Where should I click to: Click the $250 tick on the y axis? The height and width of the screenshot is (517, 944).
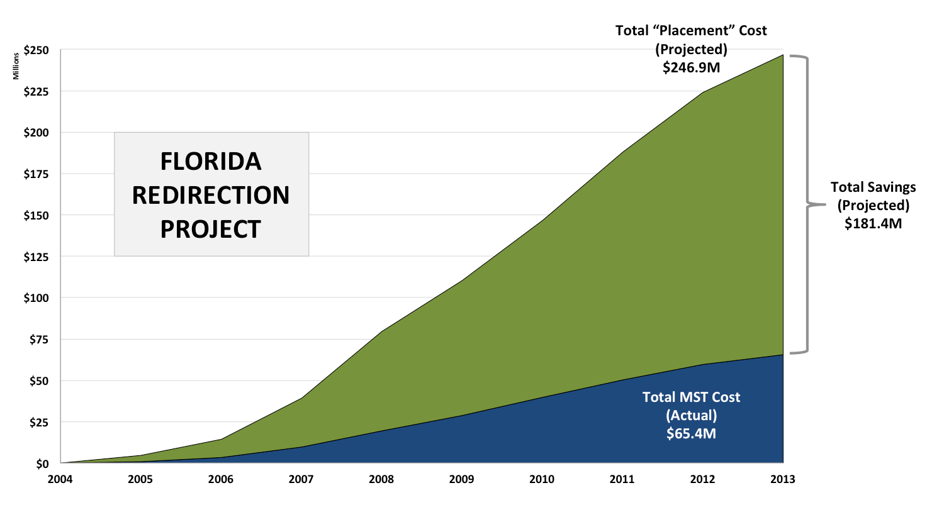pos(37,50)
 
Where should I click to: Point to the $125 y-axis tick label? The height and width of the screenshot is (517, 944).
pos(37,257)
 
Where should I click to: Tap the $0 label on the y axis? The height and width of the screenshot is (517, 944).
pos(42,464)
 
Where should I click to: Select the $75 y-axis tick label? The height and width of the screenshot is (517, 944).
pos(39,340)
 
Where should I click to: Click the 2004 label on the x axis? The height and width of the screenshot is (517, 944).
pos(60,479)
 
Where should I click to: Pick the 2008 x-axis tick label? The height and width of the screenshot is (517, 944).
pos(381,479)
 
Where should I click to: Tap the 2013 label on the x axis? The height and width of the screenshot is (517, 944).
pos(783,479)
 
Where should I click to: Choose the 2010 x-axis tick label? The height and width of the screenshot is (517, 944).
pos(542,479)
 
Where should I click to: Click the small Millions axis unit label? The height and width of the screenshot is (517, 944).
pos(16,66)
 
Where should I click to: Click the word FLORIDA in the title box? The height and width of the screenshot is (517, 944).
pos(211,162)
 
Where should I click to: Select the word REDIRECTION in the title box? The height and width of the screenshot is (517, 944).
pos(211,196)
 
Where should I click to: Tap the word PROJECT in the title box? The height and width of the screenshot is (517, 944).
pos(211,230)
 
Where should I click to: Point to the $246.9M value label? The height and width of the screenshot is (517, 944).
pos(691,67)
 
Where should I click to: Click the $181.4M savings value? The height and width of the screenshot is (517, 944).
pos(873,223)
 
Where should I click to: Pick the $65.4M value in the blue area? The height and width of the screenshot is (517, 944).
pos(691,433)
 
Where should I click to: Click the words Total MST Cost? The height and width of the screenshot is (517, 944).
pos(691,397)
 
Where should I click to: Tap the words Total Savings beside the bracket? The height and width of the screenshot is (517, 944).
pos(873,187)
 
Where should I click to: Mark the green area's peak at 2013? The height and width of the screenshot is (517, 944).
pos(782,56)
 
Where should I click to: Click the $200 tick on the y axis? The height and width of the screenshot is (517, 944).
pos(37,133)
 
